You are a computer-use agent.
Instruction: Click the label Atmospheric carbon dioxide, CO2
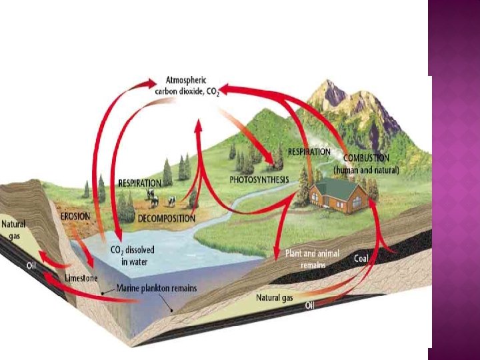pos(187,86)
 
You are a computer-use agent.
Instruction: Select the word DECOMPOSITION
pos(166,218)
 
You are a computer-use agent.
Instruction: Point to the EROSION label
pos(75,217)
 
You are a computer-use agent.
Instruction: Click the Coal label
pos(361,258)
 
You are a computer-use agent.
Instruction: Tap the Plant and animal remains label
pos(312,259)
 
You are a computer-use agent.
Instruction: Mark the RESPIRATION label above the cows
pos(139,183)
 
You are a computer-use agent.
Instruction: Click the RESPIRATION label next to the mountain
pos(309,152)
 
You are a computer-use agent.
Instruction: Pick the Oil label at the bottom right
pos(311,305)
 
